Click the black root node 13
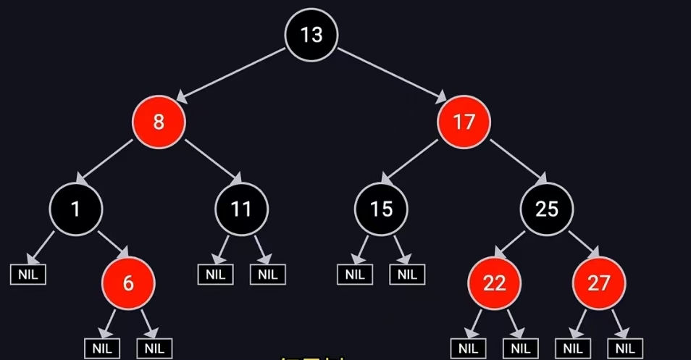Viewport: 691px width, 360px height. (x=311, y=35)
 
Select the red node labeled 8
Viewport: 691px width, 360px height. (x=159, y=122)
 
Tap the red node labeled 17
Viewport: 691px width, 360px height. (x=464, y=122)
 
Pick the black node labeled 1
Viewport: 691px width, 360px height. (x=76, y=209)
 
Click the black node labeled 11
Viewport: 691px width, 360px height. (x=241, y=209)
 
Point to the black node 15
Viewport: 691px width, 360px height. (x=381, y=209)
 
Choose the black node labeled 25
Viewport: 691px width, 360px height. (x=547, y=209)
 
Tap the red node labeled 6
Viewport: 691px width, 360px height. (x=128, y=282)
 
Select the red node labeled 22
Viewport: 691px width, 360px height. (x=494, y=282)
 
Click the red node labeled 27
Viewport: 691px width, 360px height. (x=599, y=282)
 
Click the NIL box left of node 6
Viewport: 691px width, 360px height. (x=28, y=275)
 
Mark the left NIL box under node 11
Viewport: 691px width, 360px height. (x=216, y=275)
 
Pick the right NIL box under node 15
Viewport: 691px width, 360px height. (x=407, y=275)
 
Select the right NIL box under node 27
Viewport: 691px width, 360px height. (x=625, y=348)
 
